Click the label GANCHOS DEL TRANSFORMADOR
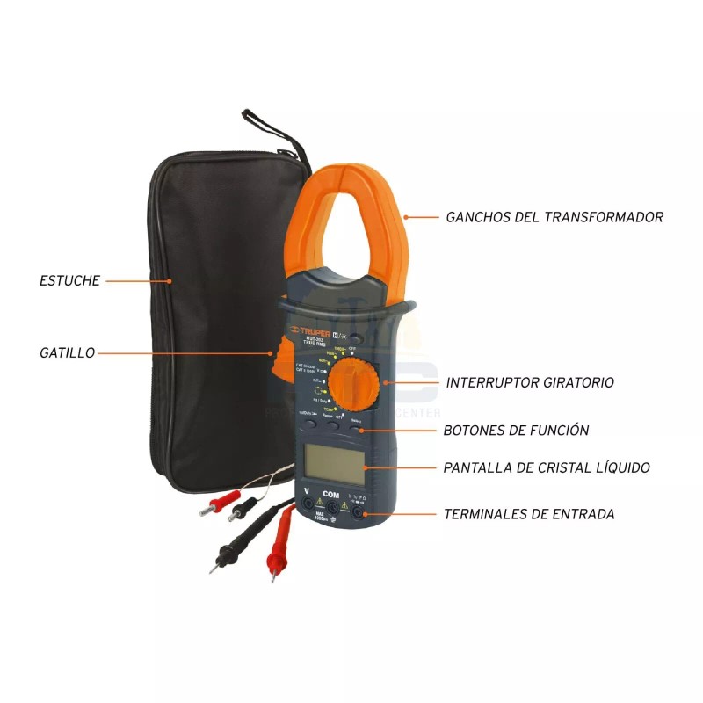point(554,216)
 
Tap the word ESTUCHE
point(70,281)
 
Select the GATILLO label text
point(67,352)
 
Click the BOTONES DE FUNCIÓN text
point(517,431)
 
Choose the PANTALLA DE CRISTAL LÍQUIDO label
point(547,467)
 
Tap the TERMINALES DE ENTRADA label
point(529,514)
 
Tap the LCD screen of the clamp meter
point(334,462)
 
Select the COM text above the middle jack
point(331,493)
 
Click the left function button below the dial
point(308,422)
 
